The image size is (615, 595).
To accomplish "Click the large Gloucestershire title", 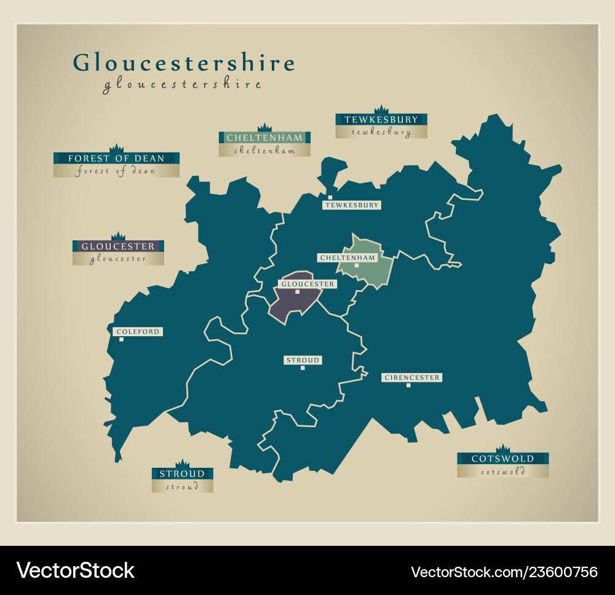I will [x=184, y=63].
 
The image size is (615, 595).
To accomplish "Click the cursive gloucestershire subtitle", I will [x=182, y=85].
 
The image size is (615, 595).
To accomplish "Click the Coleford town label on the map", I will [x=138, y=332].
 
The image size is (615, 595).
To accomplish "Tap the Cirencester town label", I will [x=412, y=377].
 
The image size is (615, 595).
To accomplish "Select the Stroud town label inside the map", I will [x=303, y=360].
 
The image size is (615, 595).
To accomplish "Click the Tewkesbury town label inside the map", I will [x=352, y=205].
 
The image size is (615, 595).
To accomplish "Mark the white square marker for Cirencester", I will [x=408, y=385].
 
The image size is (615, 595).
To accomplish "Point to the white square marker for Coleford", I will [x=121, y=339].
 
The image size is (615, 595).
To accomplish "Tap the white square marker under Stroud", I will [x=303, y=368].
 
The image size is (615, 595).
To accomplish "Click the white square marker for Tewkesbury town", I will [x=330, y=197].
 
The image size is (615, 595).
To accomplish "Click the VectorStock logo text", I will [x=76, y=570].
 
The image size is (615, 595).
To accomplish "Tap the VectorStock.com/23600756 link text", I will [x=504, y=572].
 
